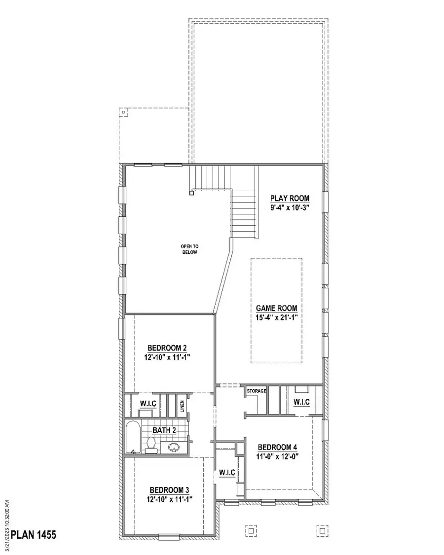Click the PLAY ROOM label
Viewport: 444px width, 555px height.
click(290, 198)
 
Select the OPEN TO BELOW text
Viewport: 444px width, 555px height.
click(188, 249)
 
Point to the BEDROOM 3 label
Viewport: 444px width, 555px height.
click(169, 490)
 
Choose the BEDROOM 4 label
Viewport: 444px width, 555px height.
click(277, 448)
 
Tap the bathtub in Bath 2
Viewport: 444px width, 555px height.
click(132, 437)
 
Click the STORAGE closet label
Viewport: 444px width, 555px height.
click(257, 391)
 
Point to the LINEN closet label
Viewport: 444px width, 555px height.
click(182, 406)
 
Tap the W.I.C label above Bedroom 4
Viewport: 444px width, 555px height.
click(301, 402)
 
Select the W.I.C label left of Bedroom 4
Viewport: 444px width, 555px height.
click(227, 473)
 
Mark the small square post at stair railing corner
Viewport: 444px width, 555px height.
click(191, 194)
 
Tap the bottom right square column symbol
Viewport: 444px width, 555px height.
click(322, 531)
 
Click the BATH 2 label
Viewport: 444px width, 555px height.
click(164, 430)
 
